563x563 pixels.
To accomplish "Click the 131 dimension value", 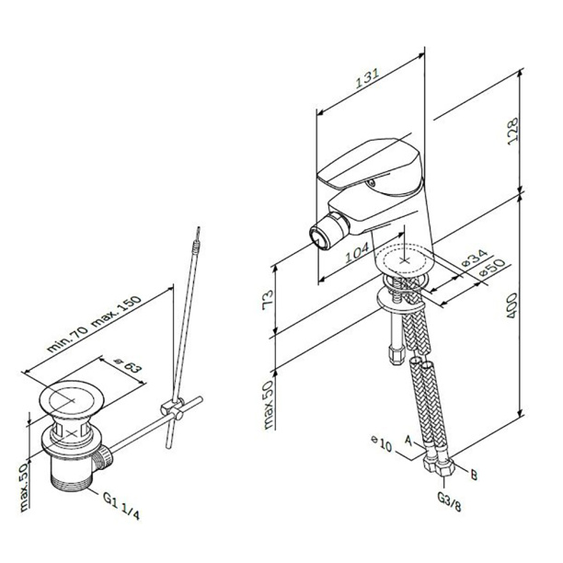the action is click(367, 79).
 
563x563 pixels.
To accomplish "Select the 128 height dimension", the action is click(513, 131).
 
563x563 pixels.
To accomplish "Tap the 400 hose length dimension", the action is click(512, 305).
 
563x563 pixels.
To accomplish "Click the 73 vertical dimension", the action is click(269, 300).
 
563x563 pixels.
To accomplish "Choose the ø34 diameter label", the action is click(474, 259).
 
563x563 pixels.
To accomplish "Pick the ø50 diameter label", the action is click(491, 268).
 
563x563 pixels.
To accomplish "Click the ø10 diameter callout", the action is click(382, 443).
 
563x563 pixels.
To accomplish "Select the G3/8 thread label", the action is click(449, 501).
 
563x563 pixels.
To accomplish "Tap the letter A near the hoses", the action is click(408, 441).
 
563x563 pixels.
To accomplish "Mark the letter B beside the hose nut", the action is click(474, 475).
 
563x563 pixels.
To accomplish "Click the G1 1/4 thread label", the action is click(121, 506).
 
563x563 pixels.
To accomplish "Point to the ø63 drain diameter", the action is click(127, 366).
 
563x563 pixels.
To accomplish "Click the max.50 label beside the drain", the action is click(23, 487).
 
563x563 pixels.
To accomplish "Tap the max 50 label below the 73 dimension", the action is click(269, 404).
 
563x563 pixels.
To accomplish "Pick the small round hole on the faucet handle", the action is click(372, 183).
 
